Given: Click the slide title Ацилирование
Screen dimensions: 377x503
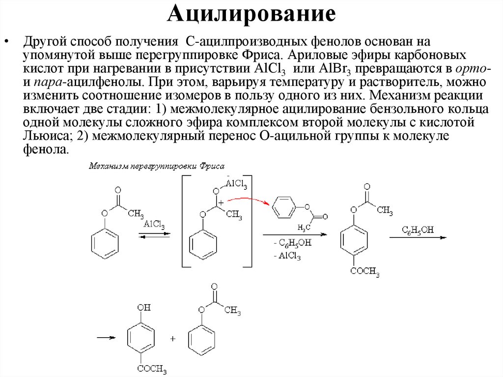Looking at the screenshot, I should click(251, 15).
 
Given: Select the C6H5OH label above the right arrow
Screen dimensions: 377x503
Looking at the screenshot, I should click(418, 230).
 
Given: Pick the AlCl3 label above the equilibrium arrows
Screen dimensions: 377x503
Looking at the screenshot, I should click(154, 225).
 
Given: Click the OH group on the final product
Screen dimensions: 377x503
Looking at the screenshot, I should click(144, 308).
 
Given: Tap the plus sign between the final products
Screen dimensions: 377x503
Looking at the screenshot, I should click(172, 339).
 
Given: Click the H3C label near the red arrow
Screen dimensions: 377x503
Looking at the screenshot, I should click(305, 227).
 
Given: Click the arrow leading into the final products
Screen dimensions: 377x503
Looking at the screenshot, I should click(106, 338).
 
